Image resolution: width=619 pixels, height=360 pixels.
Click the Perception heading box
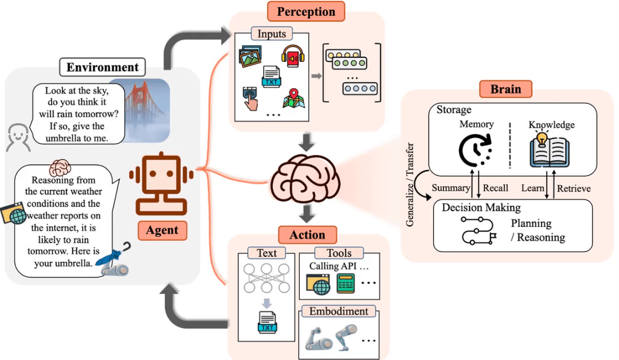click(305, 11)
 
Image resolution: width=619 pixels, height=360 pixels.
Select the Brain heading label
click(506, 89)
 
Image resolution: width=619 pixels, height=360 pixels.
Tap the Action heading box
click(307, 235)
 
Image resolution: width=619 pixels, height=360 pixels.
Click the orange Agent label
click(162, 230)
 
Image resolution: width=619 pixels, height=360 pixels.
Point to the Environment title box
click(103, 68)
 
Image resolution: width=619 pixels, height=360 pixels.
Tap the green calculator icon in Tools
click(346, 283)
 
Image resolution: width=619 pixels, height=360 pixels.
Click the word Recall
click(495, 189)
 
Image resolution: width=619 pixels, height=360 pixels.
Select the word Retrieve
click(574, 189)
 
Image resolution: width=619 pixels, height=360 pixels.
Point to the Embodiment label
click(339, 312)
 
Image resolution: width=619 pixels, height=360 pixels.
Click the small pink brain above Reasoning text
click(59, 169)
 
